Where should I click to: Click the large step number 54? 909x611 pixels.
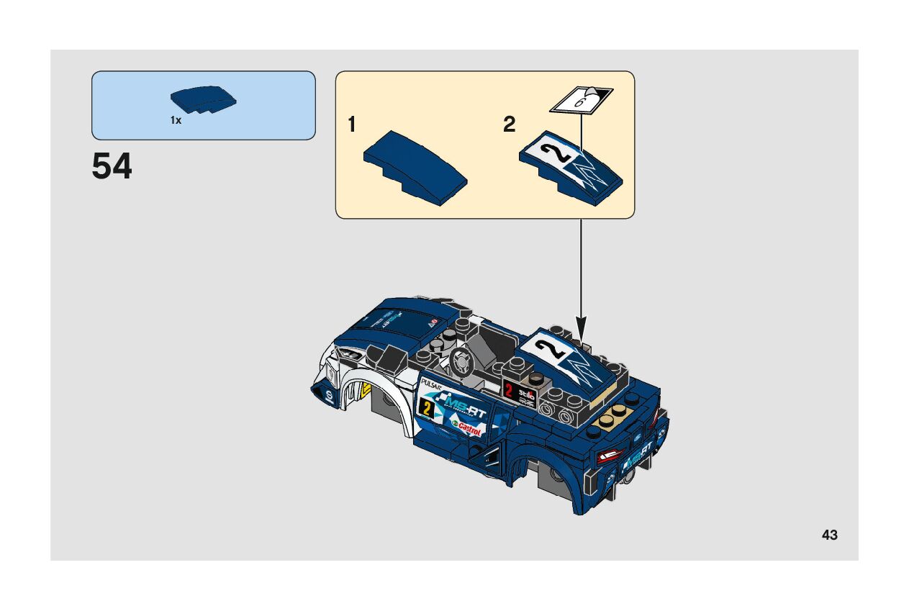(x=112, y=167)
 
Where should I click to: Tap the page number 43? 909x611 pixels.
(x=829, y=535)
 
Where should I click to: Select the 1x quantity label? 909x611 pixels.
(x=176, y=121)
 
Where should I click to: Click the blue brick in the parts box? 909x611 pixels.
(x=204, y=101)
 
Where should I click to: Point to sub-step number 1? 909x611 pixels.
(x=352, y=125)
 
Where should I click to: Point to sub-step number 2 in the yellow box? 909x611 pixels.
(x=510, y=125)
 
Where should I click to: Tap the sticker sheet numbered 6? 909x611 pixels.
(x=582, y=99)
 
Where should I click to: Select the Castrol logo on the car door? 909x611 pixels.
(x=468, y=430)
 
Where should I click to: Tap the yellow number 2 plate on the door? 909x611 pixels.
(x=428, y=409)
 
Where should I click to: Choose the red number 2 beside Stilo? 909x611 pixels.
(x=510, y=391)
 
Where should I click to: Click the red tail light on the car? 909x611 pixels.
(x=610, y=456)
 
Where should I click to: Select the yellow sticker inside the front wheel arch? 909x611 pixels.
(x=366, y=390)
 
